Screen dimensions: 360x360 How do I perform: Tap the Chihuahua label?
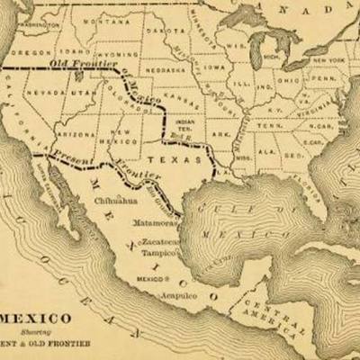[114, 202]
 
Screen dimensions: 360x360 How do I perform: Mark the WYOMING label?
[117, 54]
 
